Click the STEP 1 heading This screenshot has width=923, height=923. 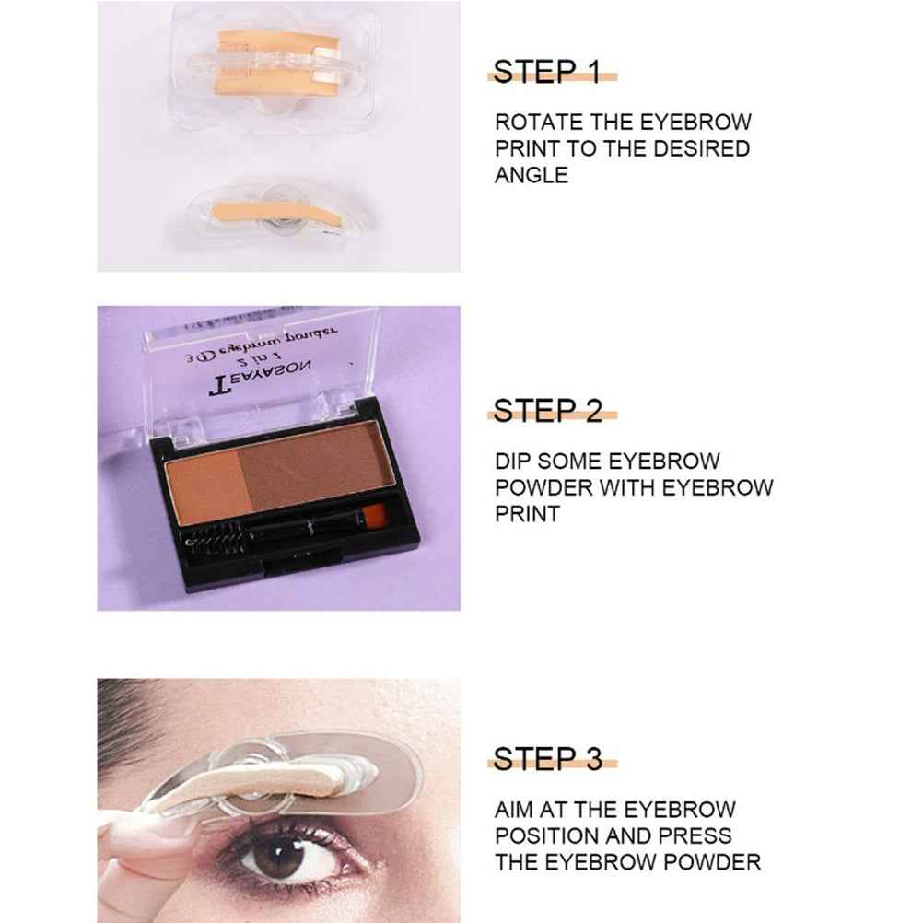(546, 72)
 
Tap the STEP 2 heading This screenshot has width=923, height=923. (548, 411)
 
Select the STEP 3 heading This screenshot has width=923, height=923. (548, 759)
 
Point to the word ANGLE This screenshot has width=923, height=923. (531, 175)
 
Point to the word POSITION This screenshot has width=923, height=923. (548, 836)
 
